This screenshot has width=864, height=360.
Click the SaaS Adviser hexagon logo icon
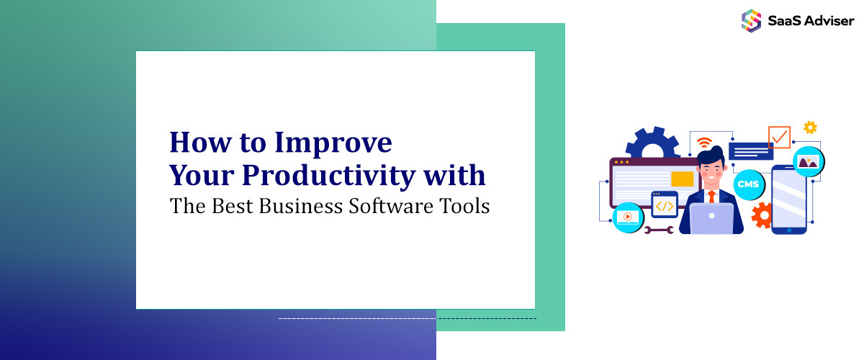[751, 19]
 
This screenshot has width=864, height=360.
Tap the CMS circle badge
[747, 184]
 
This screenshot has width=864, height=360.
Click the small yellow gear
[810, 127]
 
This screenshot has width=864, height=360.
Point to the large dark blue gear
[653, 144]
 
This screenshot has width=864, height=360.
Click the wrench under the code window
[659, 230]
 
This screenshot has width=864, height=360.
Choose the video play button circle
[628, 216]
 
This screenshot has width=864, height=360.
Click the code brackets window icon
[665, 205]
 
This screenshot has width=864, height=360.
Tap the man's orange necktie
[711, 197]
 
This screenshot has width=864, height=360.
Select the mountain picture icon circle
[809, 162]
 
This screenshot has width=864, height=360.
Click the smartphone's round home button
[788, 230]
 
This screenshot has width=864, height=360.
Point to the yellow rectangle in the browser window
[682, 179]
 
